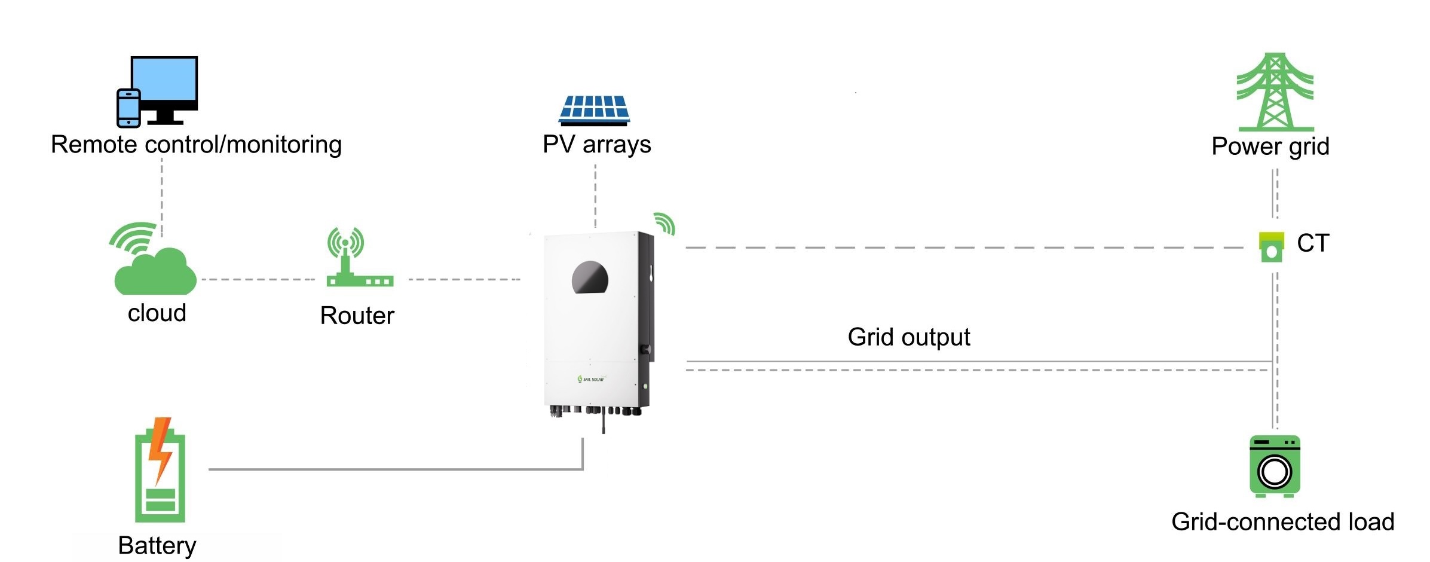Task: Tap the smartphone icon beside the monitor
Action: click(128, 108)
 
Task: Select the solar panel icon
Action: click(594, 110)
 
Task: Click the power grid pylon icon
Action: click(1275, 93)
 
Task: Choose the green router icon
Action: click(359, 258)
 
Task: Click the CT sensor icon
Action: click(1271, 247)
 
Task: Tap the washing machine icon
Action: click(1275, 466)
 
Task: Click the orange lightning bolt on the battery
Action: click(160, 448)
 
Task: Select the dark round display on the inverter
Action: click(590, 278)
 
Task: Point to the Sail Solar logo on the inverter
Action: click(591, 379)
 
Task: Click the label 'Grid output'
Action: click(908, 337)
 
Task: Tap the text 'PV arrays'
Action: click(596, 145)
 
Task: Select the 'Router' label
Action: click(357, 316)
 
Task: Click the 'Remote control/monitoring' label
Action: click(196, 145)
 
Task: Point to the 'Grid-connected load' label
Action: click(1282, 522)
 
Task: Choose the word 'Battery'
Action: click(157, 545)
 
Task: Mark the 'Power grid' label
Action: click(1270, 146)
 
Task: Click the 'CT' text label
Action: click(1313, 243)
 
